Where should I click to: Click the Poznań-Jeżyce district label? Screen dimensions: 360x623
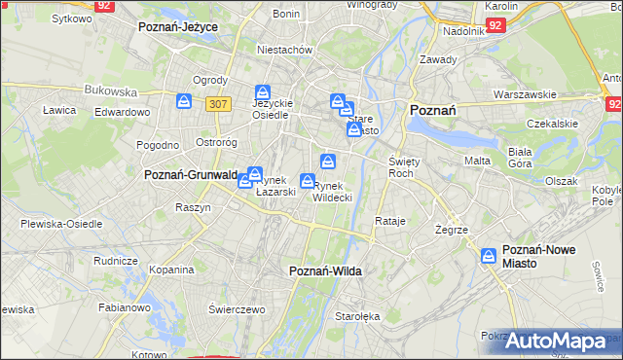coord(178,26)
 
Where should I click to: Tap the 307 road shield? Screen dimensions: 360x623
coord(218,102)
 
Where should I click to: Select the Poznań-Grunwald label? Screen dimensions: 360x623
coord(191,175)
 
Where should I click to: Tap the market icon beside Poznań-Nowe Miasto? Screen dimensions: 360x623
coord(490,256)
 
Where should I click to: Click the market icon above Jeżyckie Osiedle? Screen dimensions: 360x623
coord(262,91)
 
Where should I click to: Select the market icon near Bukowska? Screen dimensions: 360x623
coord(183,100)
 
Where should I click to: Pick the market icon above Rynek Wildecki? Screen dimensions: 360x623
coord(329,161)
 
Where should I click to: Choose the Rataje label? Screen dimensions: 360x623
coord(389,221)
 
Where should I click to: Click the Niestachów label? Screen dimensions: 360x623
coord(283,49)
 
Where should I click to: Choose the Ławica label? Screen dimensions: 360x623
coord(59,110)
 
